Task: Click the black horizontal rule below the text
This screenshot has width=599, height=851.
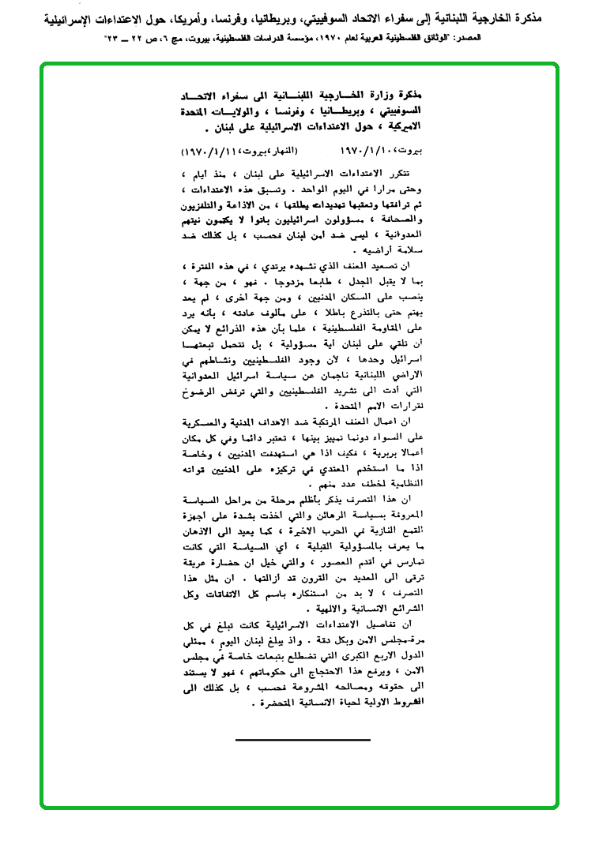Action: [x=292, y=740]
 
